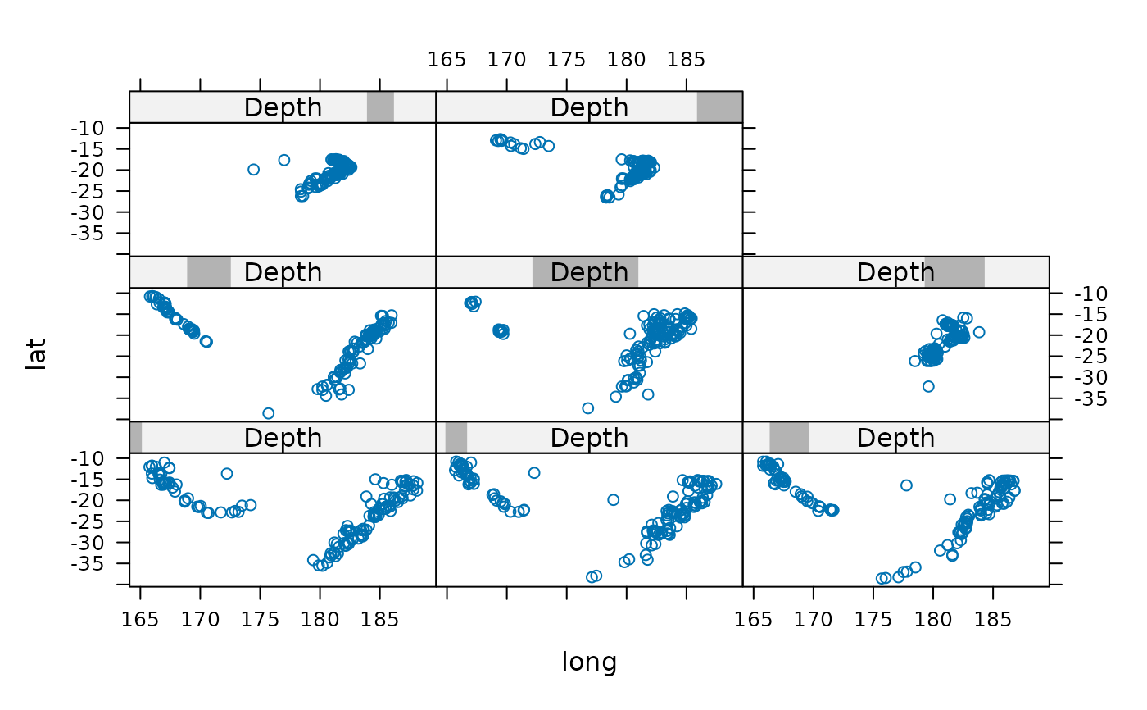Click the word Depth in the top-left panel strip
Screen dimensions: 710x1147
tap(283, 107)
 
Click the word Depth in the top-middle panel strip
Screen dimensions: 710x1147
tap(589, 107)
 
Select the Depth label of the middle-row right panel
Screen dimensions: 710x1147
tap(895, 272)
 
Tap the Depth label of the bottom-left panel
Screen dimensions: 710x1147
tap(283, 438)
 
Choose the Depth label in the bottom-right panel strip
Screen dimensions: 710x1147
tap(895, 438)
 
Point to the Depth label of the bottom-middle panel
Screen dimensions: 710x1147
tap(589, 438)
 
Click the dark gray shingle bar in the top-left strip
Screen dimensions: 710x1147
tap(380, 107)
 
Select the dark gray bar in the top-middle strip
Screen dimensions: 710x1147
tap(719, 107)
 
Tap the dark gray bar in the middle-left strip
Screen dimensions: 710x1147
tap(209, 272)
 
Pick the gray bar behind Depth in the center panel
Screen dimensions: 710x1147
tap(585, 272)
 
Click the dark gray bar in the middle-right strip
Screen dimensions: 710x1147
tap(954, 272)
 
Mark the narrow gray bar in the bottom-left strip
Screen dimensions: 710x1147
tap(136, 438)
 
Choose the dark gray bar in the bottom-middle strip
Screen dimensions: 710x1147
tap(456, 438)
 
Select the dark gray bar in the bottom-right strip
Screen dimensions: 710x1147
tap(789, 438)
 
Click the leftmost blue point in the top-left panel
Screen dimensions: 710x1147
tap(253, 170)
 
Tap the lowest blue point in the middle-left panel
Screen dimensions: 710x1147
tap(268, 413)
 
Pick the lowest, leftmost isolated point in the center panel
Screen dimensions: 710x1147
tap(587, 408)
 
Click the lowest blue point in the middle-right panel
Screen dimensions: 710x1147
tap(928, 386)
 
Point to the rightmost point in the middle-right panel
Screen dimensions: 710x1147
tap(978, 332)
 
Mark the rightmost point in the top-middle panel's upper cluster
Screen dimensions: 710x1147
tap(549, 146)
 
